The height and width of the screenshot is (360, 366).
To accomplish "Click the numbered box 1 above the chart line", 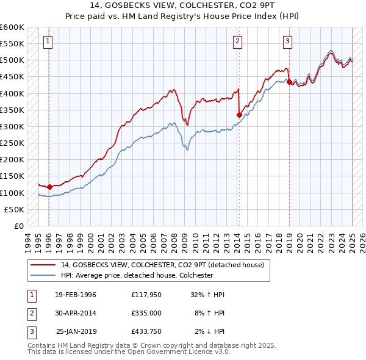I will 48,41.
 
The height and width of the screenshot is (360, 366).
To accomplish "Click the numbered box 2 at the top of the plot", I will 237,41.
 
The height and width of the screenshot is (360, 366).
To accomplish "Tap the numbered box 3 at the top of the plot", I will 287,41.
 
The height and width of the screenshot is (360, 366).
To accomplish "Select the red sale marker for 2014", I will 239,115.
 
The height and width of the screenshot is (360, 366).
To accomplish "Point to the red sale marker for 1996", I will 49,187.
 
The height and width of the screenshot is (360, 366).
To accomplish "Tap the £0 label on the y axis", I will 18,226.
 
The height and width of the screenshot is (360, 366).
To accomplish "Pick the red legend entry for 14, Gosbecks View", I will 162,265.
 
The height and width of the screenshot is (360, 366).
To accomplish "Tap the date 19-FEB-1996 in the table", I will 76,294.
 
